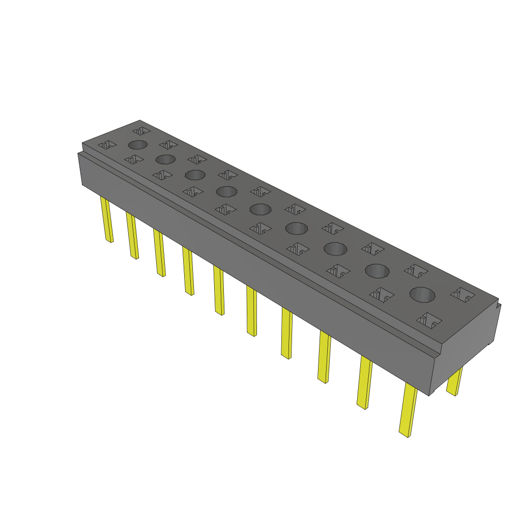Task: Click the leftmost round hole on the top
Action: coord(138,144)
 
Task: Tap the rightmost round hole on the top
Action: coord(423,295)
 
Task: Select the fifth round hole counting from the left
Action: coord(260,209)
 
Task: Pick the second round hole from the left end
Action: coord(165,159)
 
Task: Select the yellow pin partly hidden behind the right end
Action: coord(454,382)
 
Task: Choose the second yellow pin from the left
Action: coord(132,236)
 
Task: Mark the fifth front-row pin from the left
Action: coord(219,291)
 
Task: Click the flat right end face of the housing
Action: coord(464,351)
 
